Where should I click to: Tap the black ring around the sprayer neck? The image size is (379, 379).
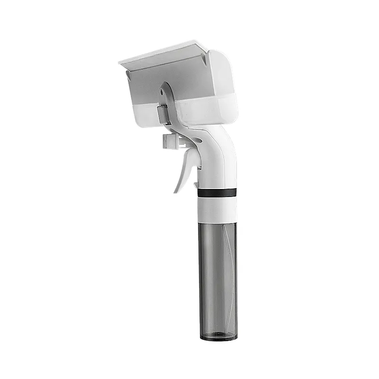click(217, 193)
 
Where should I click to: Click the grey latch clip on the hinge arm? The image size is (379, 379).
click(163, 114)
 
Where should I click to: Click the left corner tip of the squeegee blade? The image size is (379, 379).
click(119, 62)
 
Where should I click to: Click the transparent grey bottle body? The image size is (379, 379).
click(217, 275)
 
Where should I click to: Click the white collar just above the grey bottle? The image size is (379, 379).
click(217, 208)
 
